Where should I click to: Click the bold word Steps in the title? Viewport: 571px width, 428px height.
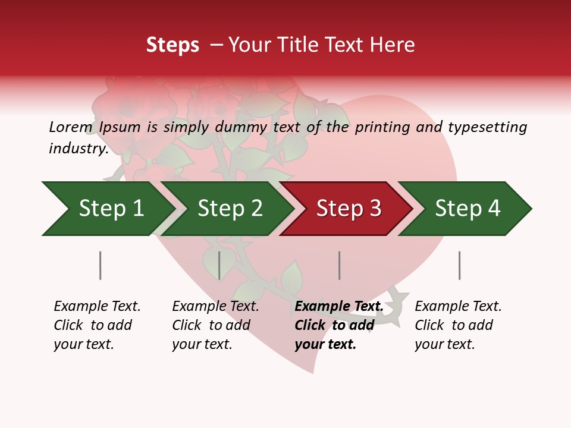(x=172, y=45)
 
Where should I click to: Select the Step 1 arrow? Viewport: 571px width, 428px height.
(x=107, y=209)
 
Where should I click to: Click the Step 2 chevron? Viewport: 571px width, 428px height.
(x=229, y=209)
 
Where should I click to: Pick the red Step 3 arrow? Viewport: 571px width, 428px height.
(x=348, y=209)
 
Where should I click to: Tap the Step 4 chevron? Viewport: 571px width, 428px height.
(x=467, y=209)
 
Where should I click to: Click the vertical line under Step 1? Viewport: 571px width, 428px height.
(x=101, y=265)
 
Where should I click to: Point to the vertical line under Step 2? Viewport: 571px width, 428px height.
(x=219, y=265)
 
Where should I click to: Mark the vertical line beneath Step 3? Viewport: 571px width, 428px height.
(x=340, y=265)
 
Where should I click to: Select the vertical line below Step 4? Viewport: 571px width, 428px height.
(x=460, y=265)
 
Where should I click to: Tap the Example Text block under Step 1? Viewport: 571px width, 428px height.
(x=96, y=325)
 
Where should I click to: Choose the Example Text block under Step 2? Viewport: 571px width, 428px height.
(x=215, y=325)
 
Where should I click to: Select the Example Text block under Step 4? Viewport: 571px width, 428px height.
(x=457, y=325)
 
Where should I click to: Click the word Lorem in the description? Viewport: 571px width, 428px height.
(x=71, y=127)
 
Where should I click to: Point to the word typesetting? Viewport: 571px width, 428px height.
(x=487, y=127)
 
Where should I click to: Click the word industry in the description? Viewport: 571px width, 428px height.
(x=78, y=149)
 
